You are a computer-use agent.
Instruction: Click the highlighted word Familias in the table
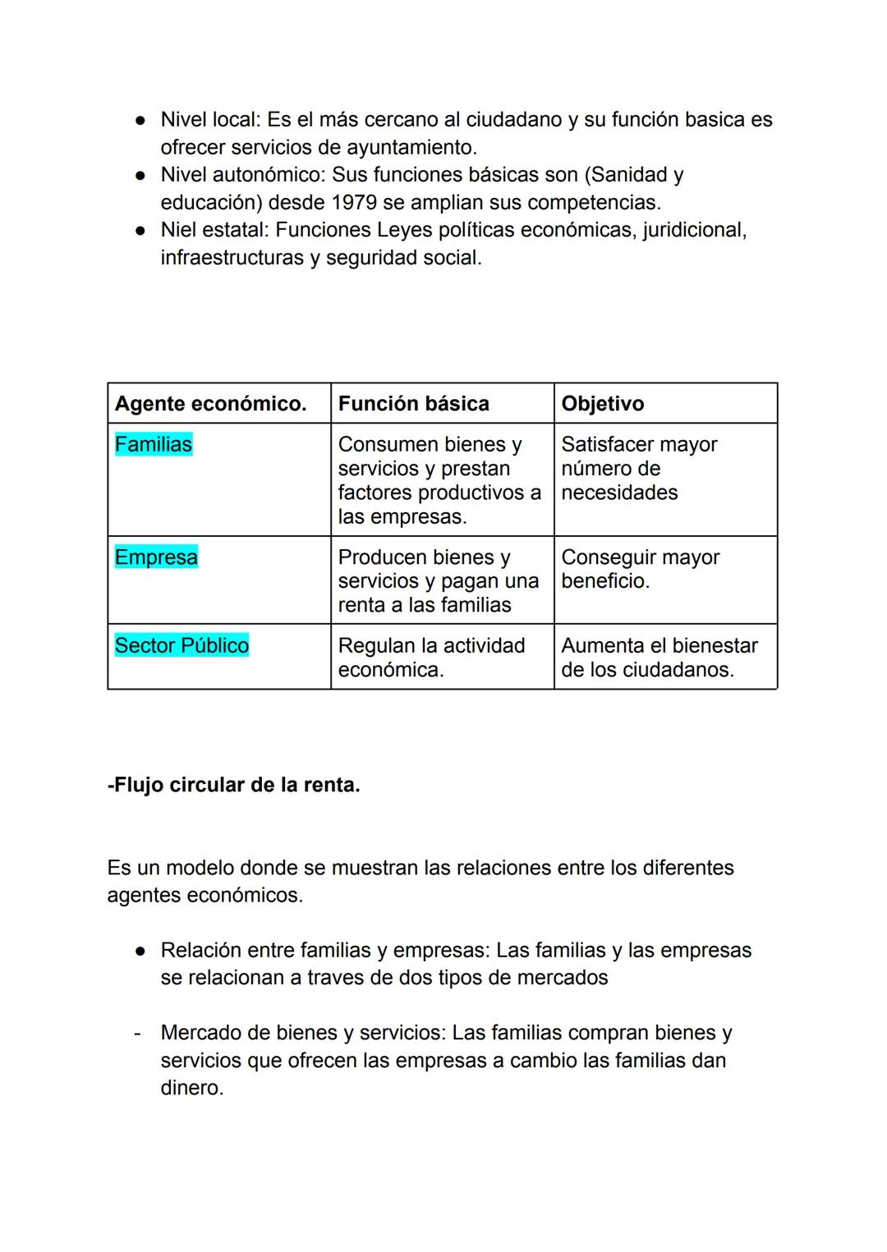point(153,444)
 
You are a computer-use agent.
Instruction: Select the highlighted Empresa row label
point(156,557)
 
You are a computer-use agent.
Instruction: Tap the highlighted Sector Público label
point(182,645)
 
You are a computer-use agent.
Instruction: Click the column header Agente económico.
point(210,403)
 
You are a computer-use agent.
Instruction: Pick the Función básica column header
point(413,403)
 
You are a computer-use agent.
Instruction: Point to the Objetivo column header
point(602,403)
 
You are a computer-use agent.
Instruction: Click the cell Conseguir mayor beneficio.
point(640,569)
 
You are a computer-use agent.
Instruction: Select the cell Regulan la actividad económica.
point(431,657)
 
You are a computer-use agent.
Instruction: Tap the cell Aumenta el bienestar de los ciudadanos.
point(659,657)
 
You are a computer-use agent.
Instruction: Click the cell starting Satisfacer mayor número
point(639,468)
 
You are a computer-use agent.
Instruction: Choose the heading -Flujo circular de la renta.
point(233,785)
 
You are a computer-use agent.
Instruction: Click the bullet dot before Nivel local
point(140,121)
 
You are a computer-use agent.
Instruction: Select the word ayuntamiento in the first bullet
point(411,148)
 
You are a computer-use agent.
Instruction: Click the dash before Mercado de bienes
point(137,1033)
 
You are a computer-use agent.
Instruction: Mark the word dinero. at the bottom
point(191,1088)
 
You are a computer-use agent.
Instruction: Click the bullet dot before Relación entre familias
point(140,951)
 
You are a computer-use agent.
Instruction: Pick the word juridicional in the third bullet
point(694,230)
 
